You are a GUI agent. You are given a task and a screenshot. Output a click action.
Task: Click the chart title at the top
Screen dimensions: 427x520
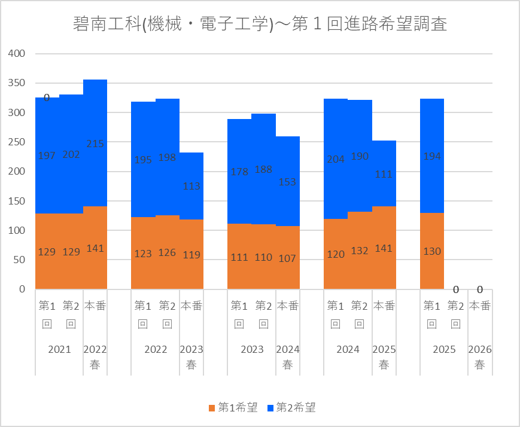coord(260,24)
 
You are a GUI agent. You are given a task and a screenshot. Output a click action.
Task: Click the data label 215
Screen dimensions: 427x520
coord(95,144)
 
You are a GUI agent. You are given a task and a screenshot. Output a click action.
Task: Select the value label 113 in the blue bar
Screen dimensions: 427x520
coord(191,186)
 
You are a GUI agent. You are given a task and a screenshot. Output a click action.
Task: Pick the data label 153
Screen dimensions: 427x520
coord(288,182)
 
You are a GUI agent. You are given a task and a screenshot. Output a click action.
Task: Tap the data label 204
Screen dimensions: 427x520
coord(336,159)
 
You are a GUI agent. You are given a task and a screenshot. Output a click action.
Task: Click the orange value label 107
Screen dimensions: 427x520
coord(288,258)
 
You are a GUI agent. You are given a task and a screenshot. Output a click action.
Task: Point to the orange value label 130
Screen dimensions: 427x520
coord(432,252)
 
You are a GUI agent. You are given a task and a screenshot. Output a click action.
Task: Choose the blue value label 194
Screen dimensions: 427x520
coord(432,156)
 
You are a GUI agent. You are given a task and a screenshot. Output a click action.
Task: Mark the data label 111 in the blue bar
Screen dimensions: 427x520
coord(384,174)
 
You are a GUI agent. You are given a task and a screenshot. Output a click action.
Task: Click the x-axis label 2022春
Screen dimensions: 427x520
coord(95,357)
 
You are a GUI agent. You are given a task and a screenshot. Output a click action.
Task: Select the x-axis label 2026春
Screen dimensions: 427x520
coord(480,357)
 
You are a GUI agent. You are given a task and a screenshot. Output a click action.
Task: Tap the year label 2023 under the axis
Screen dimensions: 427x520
coord(252,349)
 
